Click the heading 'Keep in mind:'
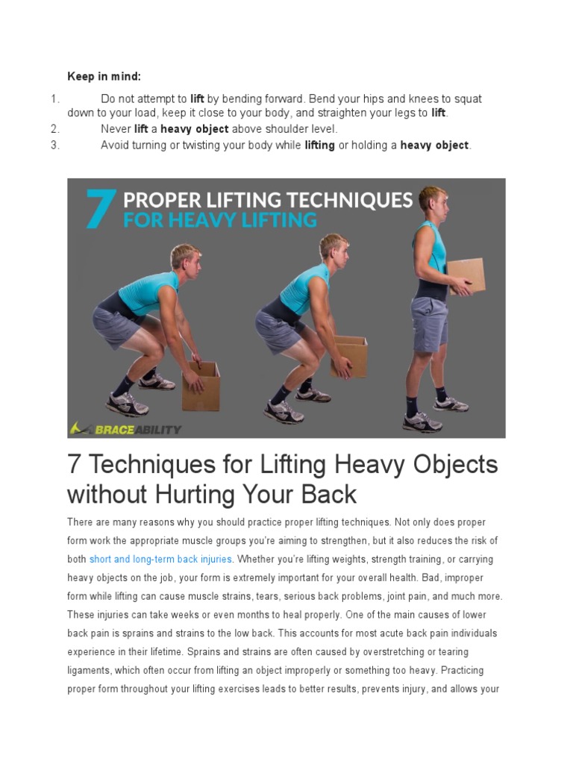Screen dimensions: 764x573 pos(104,76)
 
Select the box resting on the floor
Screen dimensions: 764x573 pos(201,385)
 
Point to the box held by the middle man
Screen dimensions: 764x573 pos(349,356)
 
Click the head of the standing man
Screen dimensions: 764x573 pos(433,200)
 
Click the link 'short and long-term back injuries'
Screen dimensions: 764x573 pos(160,560)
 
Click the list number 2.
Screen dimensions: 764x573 pos(54,129)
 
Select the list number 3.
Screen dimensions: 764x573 pos(54,145)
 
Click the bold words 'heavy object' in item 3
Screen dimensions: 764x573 pos(434,145)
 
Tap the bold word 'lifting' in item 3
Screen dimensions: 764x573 pos(319,145)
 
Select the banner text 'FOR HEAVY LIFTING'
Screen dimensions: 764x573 pos(219,220)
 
